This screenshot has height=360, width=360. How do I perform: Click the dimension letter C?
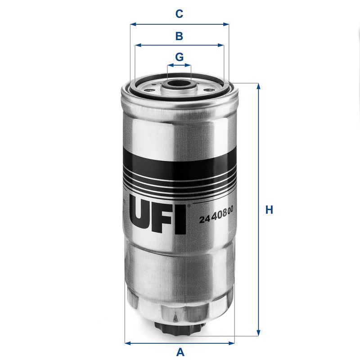click(179, 14)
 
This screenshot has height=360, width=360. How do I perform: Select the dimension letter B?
click(179, 36)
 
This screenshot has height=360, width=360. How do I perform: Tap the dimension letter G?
click(179, 57)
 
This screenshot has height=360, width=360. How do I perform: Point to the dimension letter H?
click(269, 210)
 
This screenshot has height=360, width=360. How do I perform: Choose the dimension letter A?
click(180, 352)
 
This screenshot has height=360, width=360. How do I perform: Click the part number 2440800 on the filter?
click(218, 219)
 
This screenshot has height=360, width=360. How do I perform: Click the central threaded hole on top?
click(179, 83)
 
